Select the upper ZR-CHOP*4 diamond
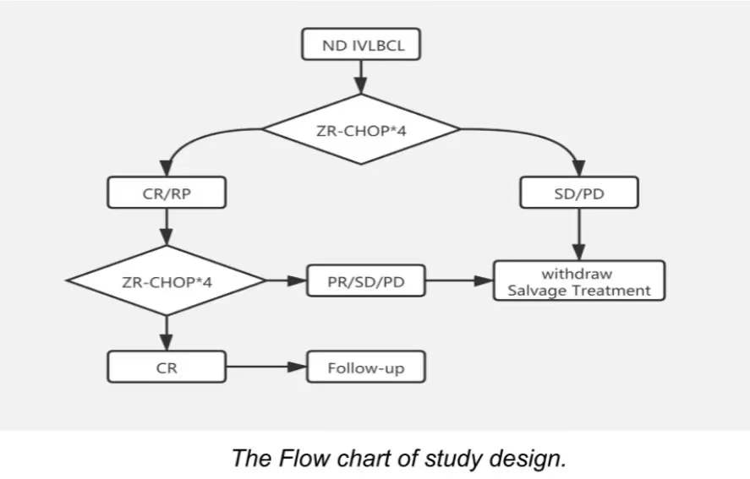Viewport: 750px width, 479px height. coord(362,128)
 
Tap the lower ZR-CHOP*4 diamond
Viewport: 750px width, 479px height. coord(167,280)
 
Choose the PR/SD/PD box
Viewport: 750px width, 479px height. coord(365,280)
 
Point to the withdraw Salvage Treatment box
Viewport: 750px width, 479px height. coord(579,280)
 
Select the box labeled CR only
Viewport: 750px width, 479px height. coord(167,367)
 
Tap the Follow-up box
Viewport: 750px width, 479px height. coord(365,367)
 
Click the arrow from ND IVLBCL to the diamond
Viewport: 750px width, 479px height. coord(362,77)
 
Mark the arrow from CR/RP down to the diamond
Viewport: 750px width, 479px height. coord(167,226)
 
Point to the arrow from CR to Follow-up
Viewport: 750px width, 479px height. coord(266,367)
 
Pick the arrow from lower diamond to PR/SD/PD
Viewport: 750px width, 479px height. coord(287,280)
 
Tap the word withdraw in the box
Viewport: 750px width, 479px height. coord(577,273)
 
